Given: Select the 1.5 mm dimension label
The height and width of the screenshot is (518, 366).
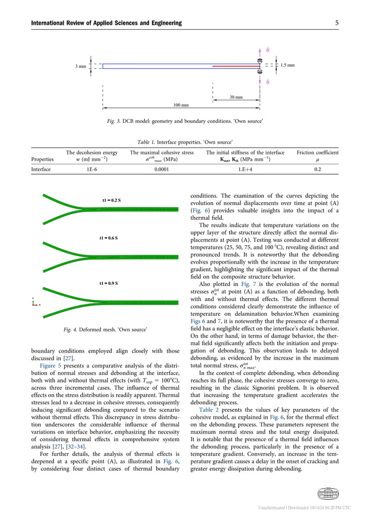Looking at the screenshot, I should (x=287, y=65).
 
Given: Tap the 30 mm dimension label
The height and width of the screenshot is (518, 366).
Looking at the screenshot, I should (x=236, y=97).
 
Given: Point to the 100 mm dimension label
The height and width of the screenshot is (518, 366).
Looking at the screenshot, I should (x=181, y=106).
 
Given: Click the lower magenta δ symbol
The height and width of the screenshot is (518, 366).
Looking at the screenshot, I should (x=268, y=83).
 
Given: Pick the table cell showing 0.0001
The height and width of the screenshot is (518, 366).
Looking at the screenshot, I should (x=162, y=170).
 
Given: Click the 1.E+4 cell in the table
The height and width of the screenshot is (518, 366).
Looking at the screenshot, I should (x=246, y=170).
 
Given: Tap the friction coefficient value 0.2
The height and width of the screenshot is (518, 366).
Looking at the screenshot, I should (x=317, y=170).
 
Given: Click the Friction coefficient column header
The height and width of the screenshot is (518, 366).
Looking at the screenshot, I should (x=317, y=153).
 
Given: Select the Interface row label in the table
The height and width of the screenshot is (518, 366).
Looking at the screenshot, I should (x=41, y=170).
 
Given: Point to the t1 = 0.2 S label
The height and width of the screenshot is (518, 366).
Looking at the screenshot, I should (x=111, y=200).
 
